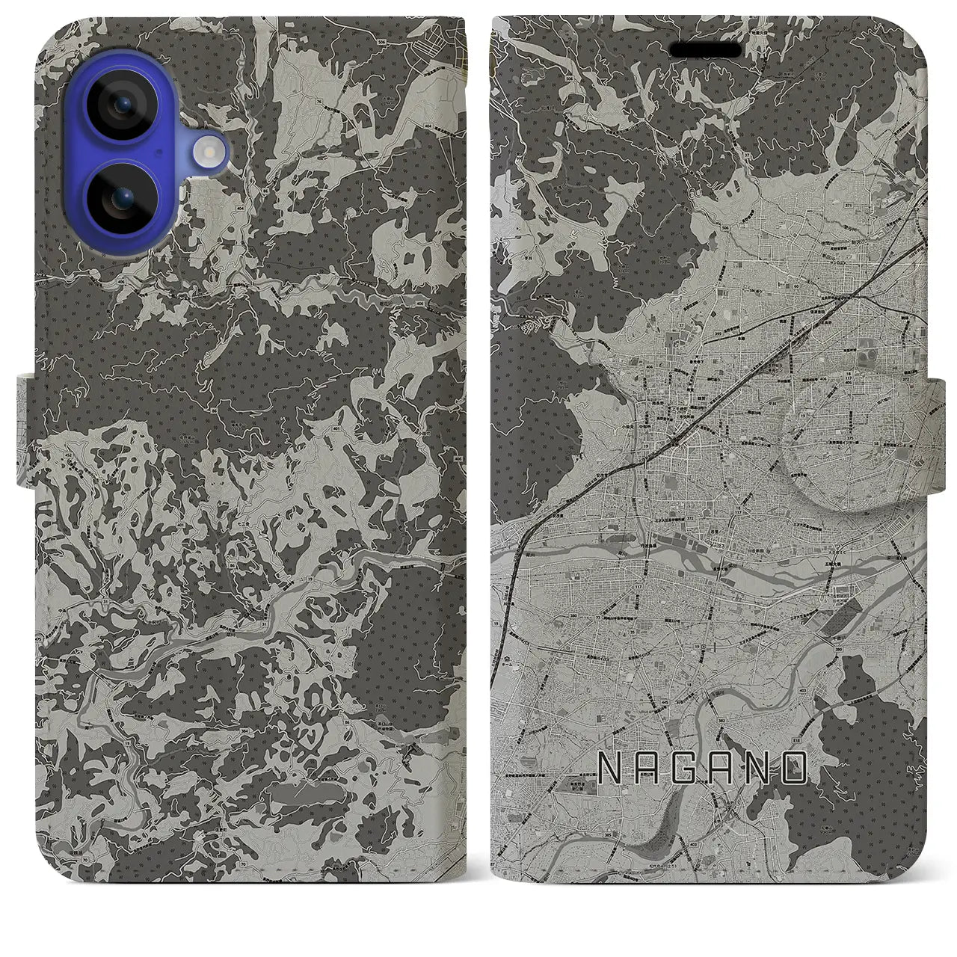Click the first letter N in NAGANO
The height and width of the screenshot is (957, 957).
[612, 768]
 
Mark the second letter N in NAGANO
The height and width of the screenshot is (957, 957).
[761, 768]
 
